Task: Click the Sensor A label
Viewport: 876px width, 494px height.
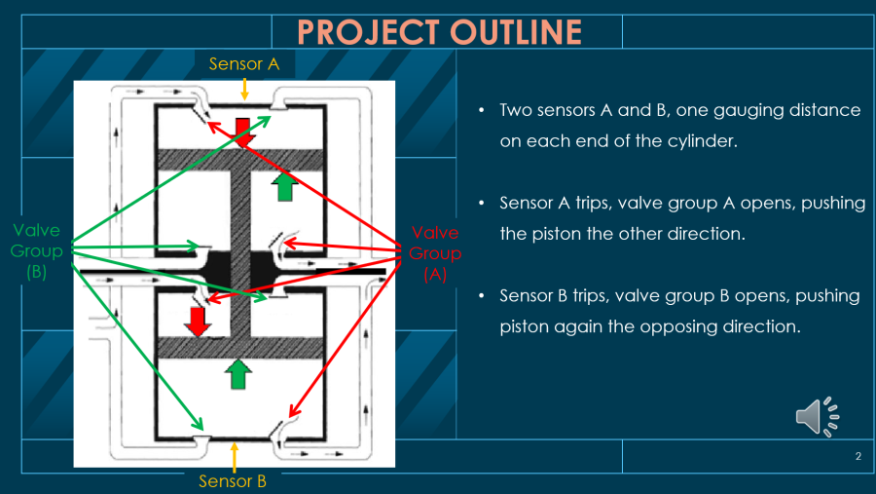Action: [x=244, y=64]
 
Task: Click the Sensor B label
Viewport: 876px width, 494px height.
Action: [x=233, y=480]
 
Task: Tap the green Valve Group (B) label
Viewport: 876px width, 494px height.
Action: [x=37, y=251]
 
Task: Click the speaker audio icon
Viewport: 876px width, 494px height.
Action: [x=817, y=416]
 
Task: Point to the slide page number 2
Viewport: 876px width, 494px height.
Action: [x=858, y=456]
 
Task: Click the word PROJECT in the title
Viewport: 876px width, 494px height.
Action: [x=369, y=32]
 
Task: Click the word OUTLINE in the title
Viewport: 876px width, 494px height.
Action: [x=516, y=32]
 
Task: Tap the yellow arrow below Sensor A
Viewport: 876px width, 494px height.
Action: [x=244, y=88]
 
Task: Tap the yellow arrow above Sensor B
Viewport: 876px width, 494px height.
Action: [x=234, y=456]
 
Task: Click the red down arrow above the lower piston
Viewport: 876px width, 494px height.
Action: [x=198, y=321]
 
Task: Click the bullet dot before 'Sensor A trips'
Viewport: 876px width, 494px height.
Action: [x=483, y=203]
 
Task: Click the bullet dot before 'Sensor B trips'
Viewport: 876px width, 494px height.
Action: [x=483, y=296]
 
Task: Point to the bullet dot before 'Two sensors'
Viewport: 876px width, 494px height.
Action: [x=483, y=110]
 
